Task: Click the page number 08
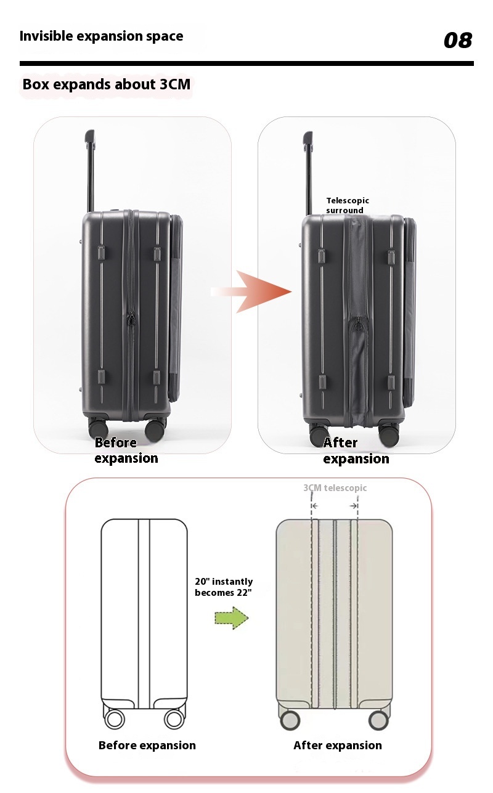pos(458,39)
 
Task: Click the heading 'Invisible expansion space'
pos(101,36)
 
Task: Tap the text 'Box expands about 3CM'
pos(106,84)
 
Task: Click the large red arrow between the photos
pos(251,291)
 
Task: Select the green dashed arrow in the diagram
pos(232,618)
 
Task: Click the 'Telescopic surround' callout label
pos(348,205)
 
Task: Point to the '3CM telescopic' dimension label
pos(335,488)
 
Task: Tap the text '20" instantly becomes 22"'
pos(224,587)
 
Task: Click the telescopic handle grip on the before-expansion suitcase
pos(89,137)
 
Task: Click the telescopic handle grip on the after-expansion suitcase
pos(308,139)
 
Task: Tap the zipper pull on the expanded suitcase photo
pos(359,323)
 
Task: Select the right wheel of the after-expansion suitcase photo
pos(389,435)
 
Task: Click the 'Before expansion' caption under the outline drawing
pos(147,745)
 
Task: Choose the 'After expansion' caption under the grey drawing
pos(338,745)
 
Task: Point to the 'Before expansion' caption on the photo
pos(126,450)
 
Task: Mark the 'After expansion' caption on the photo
pos(356,450)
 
